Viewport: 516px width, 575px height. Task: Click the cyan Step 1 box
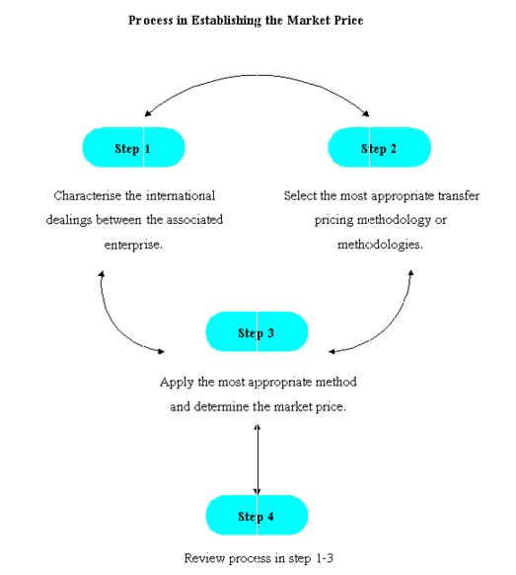pyautogui.click(x=133, y=147)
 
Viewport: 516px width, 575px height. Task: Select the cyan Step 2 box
pyautogui.click(x=379, y=147)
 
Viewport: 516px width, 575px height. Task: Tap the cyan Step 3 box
pyautogui.click(x=257, y=331)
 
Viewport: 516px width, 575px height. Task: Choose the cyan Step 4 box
pyautogui.click(x=257, y=515)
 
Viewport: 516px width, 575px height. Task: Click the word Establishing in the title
pyautogui.click(x=226, y=21)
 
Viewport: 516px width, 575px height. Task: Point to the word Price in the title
pyautogui.click(x=348, y=20)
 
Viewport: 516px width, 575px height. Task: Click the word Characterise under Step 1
pyautogui.click(x=87, y=195)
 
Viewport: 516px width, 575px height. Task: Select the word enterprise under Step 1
pyautogui.click(x=133, y=245)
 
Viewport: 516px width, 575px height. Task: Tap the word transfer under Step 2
pyautogui.click(x=459, y=195)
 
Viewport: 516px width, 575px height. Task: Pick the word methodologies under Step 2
pyautogui.click(x=380, y=245)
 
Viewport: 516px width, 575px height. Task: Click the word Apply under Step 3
pyautogui.click(x=177, y=383)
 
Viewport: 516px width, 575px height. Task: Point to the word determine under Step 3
pyautogui.click(x=222, y=406)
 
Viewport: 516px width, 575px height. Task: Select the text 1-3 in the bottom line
pyautogui.click(x=325, y=558)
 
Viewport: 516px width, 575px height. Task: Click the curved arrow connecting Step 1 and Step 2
pyautogui.click(x=257, y=75)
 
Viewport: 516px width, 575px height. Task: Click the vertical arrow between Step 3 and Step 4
pyautogui.click(x=258, y=460)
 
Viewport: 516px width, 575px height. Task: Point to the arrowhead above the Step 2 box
pyautogui.click(x=366, y=113)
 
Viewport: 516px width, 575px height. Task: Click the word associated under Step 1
pyautogui.click(x=194, y=220)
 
